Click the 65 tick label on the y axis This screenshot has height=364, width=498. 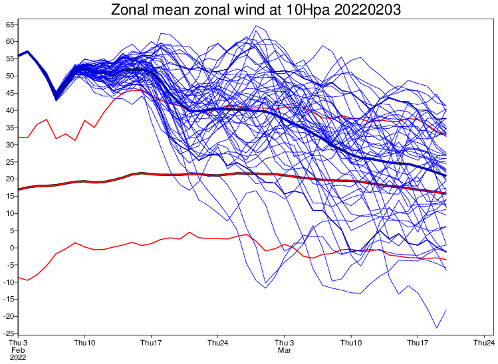[11, 25]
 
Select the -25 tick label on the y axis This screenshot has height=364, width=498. [9, 333]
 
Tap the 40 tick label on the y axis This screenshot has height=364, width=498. [11, 110]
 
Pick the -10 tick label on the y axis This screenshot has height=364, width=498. [9, 282]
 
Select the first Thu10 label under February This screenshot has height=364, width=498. [84, 343]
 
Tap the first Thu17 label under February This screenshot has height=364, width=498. [152, 343]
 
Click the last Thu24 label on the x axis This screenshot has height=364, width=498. [483, 343]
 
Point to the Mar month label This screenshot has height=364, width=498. [285, 350]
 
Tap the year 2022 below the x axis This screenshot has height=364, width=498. [18, 357]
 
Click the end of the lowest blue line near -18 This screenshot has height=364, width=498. [446, 310]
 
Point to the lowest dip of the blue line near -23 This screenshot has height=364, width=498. [437, 327]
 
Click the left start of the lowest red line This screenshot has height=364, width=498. [18, 277]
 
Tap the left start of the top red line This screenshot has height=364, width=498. [18, 137]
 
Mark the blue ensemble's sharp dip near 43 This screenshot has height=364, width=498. [56, 99]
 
